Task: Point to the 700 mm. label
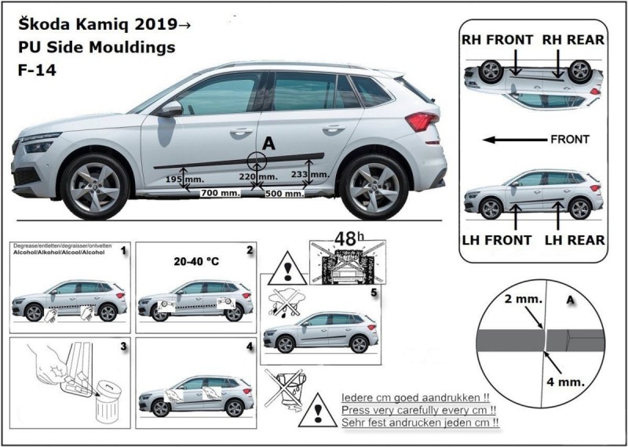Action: pyautogui.click(x=221, y=193)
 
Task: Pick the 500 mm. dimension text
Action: pyautogui.click(x=283, y=193)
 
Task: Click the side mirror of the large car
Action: pyautogui.click(x=171, y=108)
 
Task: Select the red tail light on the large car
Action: pyautogui.click(x=422, y=122)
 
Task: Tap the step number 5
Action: pyautogui.click(x=374, y=293)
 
